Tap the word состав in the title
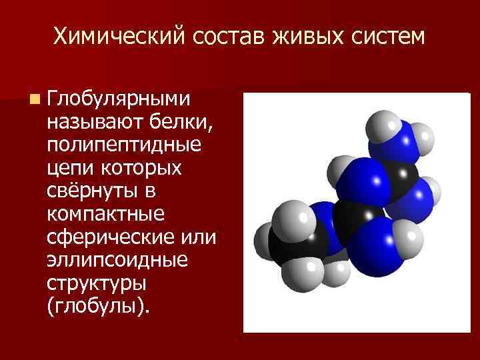(x=225, y=37)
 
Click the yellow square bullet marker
(x=33, y=100)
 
